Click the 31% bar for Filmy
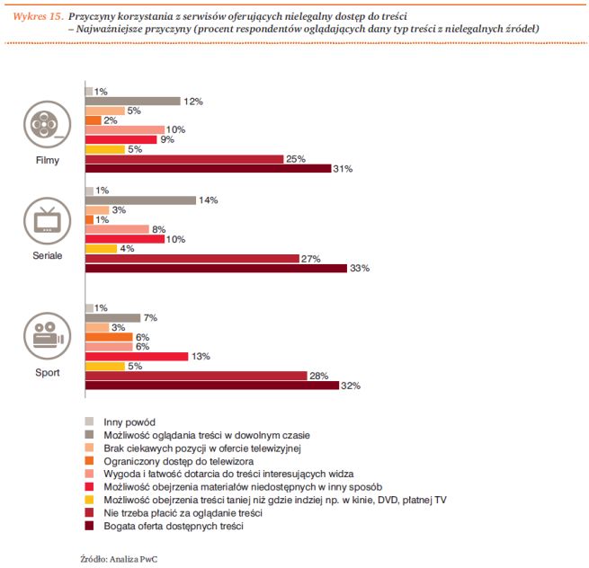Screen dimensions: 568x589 coord(207,169)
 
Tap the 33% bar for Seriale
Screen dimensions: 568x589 coord(215,268)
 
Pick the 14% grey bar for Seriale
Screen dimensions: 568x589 coord(139,200)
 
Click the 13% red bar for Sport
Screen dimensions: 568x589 coord(136,356)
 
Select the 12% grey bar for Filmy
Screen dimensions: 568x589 coord(132,101)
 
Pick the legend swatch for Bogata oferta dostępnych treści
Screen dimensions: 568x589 coord(89,526)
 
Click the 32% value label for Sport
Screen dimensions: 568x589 coord(352,386)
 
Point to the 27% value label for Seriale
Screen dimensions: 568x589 coord(311,258)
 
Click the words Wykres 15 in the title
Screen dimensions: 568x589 coord(37,16)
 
